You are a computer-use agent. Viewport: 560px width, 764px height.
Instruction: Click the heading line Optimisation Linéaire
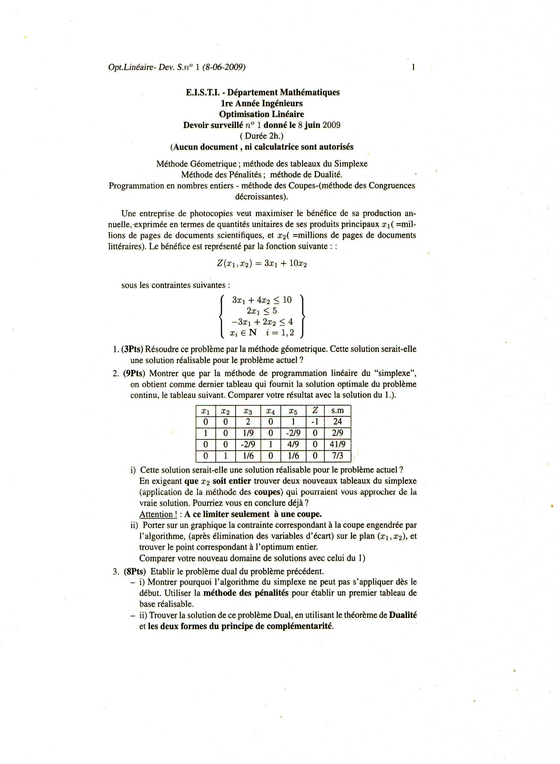(x=261, y=114)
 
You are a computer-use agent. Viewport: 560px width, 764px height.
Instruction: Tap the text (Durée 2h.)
(x=261, y=136)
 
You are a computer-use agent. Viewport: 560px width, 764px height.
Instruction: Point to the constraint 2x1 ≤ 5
(x=262, y=311)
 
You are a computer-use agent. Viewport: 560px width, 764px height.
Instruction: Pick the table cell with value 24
(x=337, y=422)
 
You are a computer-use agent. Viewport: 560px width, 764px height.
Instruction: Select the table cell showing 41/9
(x=337, y=444)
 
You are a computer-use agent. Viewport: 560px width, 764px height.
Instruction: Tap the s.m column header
(x=337, y=411)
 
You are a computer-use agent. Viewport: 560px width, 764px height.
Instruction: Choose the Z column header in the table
(x=315, y=411)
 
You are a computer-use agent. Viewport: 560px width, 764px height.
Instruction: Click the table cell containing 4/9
(x=293, y=444)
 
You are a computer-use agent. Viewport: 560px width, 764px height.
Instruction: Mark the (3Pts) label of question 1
(x=133, y=349)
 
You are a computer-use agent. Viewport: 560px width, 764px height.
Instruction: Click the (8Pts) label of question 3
(x=135, y=571)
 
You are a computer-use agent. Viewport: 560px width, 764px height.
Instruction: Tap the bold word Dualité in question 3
(x=403, y=615)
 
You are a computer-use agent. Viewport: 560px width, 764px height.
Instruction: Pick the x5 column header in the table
(x=293, y=411)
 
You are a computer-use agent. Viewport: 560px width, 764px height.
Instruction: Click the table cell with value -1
(x=315, y=422)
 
